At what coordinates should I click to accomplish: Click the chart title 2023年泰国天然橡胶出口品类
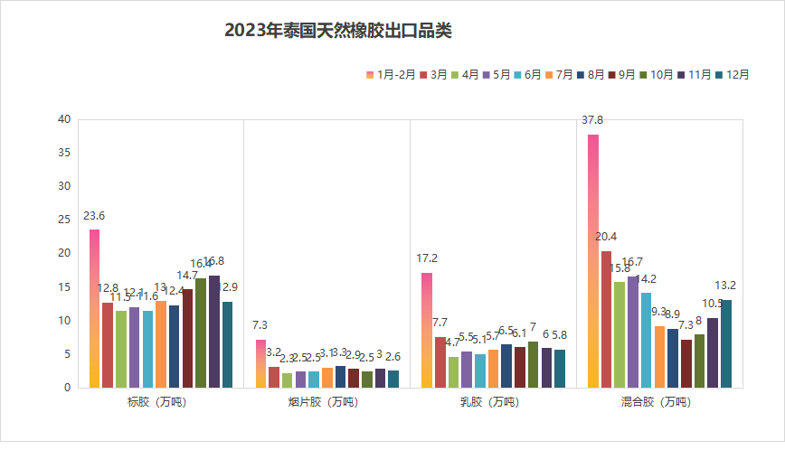click(x=338, y=31)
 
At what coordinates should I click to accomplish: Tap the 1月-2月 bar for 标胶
click(x=94, y=308)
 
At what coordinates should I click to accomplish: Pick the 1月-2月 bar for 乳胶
click(x=427, y=330)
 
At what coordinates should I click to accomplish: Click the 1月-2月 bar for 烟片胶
click(x=260, y=363)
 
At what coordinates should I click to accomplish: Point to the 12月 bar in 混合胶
click(x=726, y=343)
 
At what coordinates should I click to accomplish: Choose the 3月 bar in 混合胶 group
click(x=606, y=319)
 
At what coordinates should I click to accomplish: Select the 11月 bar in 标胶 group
click(x=214, y=332)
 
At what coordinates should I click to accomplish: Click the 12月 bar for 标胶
click(x=228, y=344)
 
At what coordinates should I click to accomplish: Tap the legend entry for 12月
click(x=733, y=75)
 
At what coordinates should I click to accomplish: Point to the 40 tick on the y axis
click(x=63, y=119)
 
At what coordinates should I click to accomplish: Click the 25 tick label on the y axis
click(x=63, y=220)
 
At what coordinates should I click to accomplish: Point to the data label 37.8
click(x=592, y=120)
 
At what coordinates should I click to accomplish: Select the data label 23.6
click(x=94, y=216)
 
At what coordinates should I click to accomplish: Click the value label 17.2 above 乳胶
click(x=427, y=258)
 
